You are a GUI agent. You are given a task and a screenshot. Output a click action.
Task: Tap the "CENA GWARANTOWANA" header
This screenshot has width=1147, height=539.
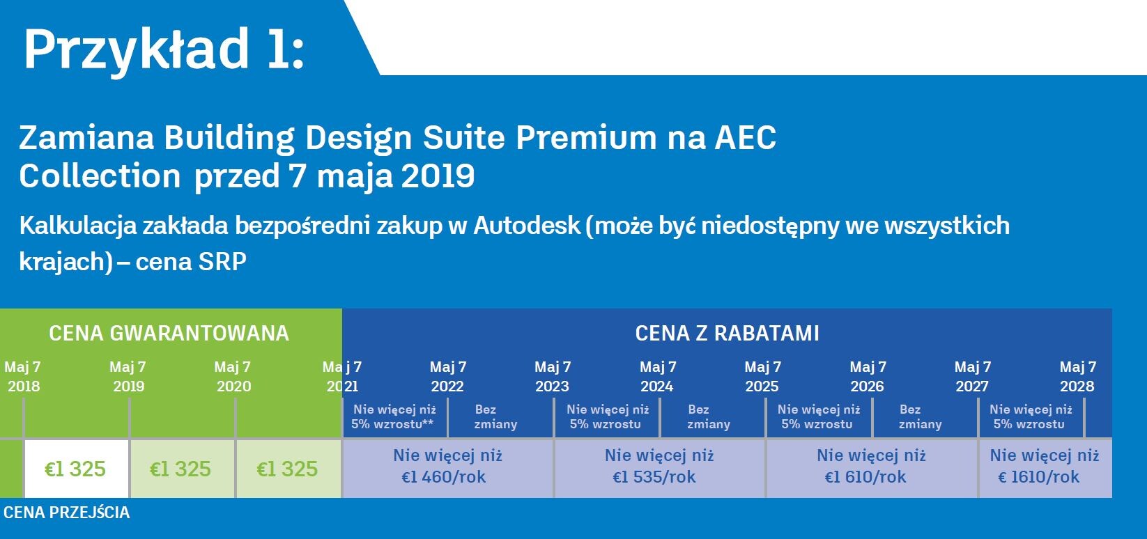click(x=169, y=334)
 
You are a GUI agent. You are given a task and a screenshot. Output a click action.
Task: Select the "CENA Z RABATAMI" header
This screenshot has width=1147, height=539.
click(x=727, y=334)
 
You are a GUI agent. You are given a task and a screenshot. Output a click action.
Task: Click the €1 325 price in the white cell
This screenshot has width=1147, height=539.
click(x=76, y=469)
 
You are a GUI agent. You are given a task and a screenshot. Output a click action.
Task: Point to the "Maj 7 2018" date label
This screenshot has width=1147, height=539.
click(x=23, y=376)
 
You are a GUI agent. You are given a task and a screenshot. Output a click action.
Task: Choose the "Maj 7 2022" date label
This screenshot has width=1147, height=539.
click(x=448, y=376)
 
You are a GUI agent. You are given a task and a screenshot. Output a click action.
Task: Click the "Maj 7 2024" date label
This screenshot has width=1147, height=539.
click(x=658, y=376)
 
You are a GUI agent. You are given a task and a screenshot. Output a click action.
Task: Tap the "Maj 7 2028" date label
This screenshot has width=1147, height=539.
click(x=1078, y=376)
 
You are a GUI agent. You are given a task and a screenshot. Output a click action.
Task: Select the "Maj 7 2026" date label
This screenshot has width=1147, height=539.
click(x=868, y=376)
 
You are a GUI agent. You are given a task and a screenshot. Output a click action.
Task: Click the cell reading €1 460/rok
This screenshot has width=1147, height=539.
click(x=447, y=467)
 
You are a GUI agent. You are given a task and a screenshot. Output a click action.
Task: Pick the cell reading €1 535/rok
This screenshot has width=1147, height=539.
click(x=659, y=467)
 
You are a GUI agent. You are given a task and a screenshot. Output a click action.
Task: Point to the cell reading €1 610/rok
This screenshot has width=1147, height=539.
click(x=872, y=467)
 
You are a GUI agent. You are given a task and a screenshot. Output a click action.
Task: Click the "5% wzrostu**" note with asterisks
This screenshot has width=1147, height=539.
click(x=392, y=424)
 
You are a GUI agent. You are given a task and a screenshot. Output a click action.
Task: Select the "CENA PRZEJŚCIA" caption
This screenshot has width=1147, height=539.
click(x=67, y=513)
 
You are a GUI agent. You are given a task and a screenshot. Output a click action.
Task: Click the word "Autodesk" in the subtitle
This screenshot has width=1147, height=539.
click(x=526, y=226)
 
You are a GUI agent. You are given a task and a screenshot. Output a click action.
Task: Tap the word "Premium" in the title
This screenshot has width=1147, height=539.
click(x=586, y=138)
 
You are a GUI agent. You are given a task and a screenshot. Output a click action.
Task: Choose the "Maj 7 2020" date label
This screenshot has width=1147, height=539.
click(x=233, y=376)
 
